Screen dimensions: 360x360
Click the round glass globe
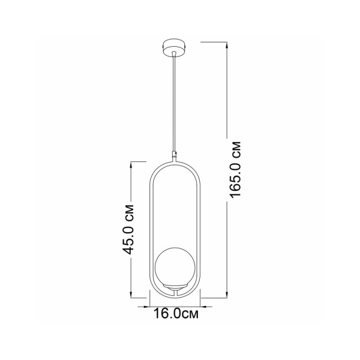click(x=173, y=264)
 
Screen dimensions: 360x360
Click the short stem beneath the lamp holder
click(x=175, y=292)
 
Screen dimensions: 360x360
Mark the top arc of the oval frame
click(x=175, y=161)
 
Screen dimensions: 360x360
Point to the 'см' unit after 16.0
click(x=190, y=313)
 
